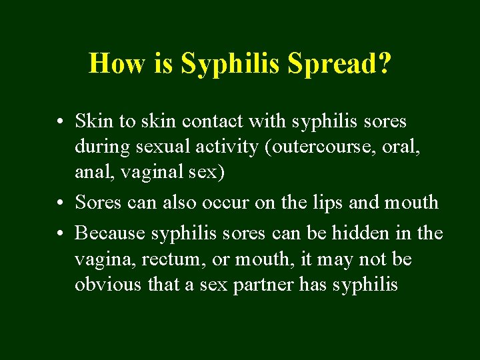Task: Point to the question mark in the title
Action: click(x=384, y=63)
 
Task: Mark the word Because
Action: click(x=110, y=233)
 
